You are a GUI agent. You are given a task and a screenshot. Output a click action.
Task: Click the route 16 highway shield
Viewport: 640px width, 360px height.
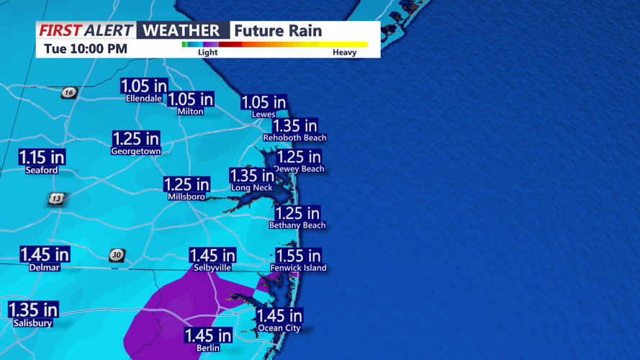coord(68,92)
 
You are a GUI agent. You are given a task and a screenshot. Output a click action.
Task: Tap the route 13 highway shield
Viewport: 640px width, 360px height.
coord(57,198)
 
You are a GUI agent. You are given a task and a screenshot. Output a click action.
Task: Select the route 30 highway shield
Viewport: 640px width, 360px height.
coord(117,255)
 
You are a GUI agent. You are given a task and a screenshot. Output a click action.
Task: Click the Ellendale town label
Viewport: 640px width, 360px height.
coord(143,99)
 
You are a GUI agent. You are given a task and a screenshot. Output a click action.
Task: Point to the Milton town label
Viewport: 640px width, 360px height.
coord(190,112)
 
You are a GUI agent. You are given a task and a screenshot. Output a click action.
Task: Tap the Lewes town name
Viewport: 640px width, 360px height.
coord(263,114)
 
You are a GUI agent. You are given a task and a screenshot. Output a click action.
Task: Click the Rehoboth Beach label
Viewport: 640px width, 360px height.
coord(294,138)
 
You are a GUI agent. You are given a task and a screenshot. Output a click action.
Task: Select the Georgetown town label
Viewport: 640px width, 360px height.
coord(135,152)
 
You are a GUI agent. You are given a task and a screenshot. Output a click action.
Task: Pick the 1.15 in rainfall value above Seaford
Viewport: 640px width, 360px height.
coord(42,157)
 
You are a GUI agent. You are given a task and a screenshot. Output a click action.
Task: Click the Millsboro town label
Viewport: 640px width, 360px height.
coord(186,197)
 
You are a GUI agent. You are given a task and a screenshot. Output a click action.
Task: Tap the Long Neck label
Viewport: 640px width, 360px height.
coord(251,188)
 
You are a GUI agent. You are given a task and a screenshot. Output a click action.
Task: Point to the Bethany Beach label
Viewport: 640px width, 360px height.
coord(297,225)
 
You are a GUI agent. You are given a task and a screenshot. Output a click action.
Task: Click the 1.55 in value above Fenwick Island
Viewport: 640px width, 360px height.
coord(298,256)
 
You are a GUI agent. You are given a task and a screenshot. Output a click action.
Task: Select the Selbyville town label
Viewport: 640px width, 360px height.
coord(212,268)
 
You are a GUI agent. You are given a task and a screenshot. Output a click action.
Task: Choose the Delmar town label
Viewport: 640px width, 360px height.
coord(45,267)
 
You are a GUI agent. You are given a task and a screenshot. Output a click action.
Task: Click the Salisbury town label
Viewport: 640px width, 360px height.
coord(33,323)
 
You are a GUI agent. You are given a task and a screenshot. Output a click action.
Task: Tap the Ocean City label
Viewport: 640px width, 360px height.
coord(279,328)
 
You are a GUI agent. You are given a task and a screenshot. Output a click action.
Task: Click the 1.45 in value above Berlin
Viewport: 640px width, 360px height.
coord(208,336)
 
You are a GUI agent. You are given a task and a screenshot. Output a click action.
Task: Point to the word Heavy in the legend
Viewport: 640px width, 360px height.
coord(344,53)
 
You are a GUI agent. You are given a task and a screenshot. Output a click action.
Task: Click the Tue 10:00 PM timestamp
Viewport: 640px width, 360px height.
coord(86,49)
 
